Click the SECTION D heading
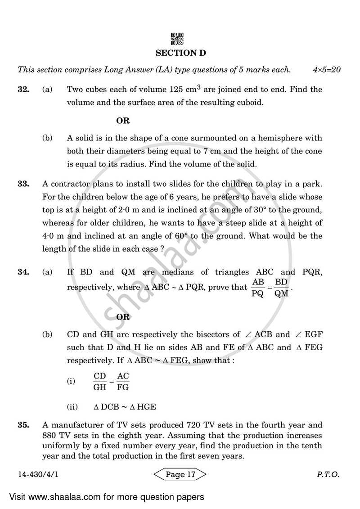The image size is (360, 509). coord(180,53)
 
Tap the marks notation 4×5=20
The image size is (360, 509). coord(327,70)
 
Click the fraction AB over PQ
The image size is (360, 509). coord(258,288)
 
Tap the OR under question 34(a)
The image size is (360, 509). coord(123,317)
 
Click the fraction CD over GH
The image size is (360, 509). coord(99,381)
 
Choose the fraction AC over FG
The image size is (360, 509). coord(123,381)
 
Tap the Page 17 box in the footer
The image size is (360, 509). coord(180,474)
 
